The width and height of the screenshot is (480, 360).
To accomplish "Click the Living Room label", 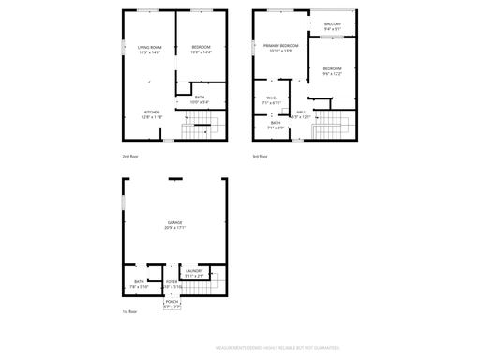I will point(150,49).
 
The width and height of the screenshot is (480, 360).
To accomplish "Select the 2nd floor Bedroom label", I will point(202,49).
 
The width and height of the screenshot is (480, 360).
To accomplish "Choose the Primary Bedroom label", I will point(280,47).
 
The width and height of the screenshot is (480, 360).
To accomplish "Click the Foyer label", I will point(172,283).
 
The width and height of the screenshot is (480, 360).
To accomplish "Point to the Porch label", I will point(172,305).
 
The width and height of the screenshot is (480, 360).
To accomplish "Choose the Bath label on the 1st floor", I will point(139,283).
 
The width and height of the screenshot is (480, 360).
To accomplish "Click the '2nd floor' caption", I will point(130,156).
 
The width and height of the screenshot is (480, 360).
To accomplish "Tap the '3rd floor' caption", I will point(261,156).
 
